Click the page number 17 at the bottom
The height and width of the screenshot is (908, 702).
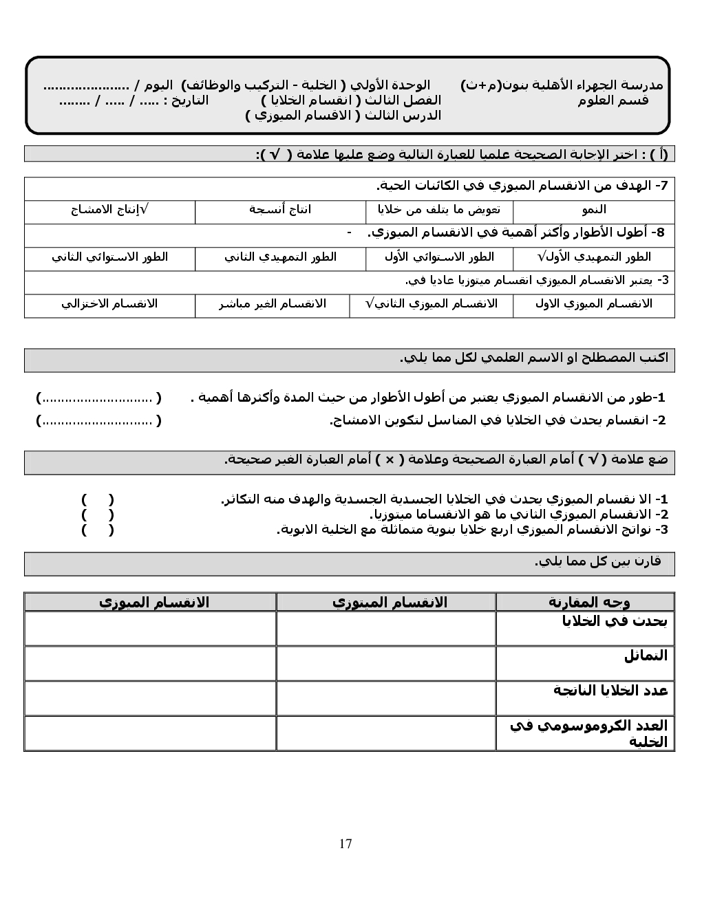pos(345,843)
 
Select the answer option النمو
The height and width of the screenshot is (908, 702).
pos(593,210)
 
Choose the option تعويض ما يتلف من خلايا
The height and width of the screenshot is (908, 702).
pos(438,210)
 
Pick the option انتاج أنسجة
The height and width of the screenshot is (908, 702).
pos(280,210)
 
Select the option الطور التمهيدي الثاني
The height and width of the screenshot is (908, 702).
pos(280,257)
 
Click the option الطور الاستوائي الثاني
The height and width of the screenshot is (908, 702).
pos(110,257)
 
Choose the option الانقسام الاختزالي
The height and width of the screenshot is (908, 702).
pos(110,303)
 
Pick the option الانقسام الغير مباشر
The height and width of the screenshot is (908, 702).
pos(273,303)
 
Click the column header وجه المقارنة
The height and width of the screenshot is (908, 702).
pos(589,603)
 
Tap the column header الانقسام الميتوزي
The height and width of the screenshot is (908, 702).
pos(390,603)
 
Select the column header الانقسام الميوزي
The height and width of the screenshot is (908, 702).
pos(153,603)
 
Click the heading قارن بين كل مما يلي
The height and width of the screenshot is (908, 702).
pos(597,561)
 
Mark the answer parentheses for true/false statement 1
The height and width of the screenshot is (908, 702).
pos(98,499)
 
